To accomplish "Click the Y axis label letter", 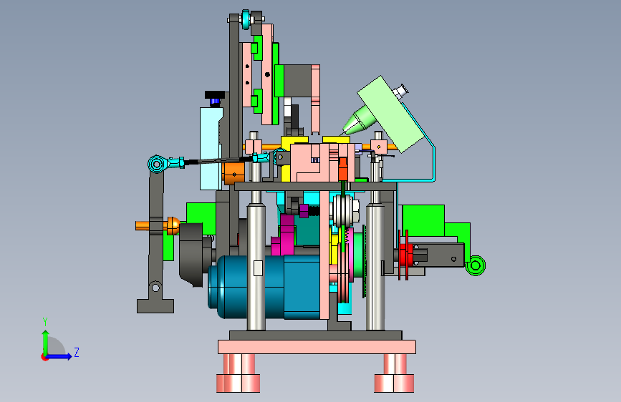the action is click(x=45, y=321).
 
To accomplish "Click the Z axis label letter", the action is click(x=77, y=352).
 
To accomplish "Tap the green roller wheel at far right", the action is click(x=476, y=265).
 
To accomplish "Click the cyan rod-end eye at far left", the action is click(x=156, y=164).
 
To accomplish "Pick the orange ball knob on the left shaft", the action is click(x=173, y=225).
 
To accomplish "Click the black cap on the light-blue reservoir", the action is click(x=215, y=95).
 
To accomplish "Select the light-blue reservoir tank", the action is click(x=211, y=148).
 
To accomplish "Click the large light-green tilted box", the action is click(x=390, y=114).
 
